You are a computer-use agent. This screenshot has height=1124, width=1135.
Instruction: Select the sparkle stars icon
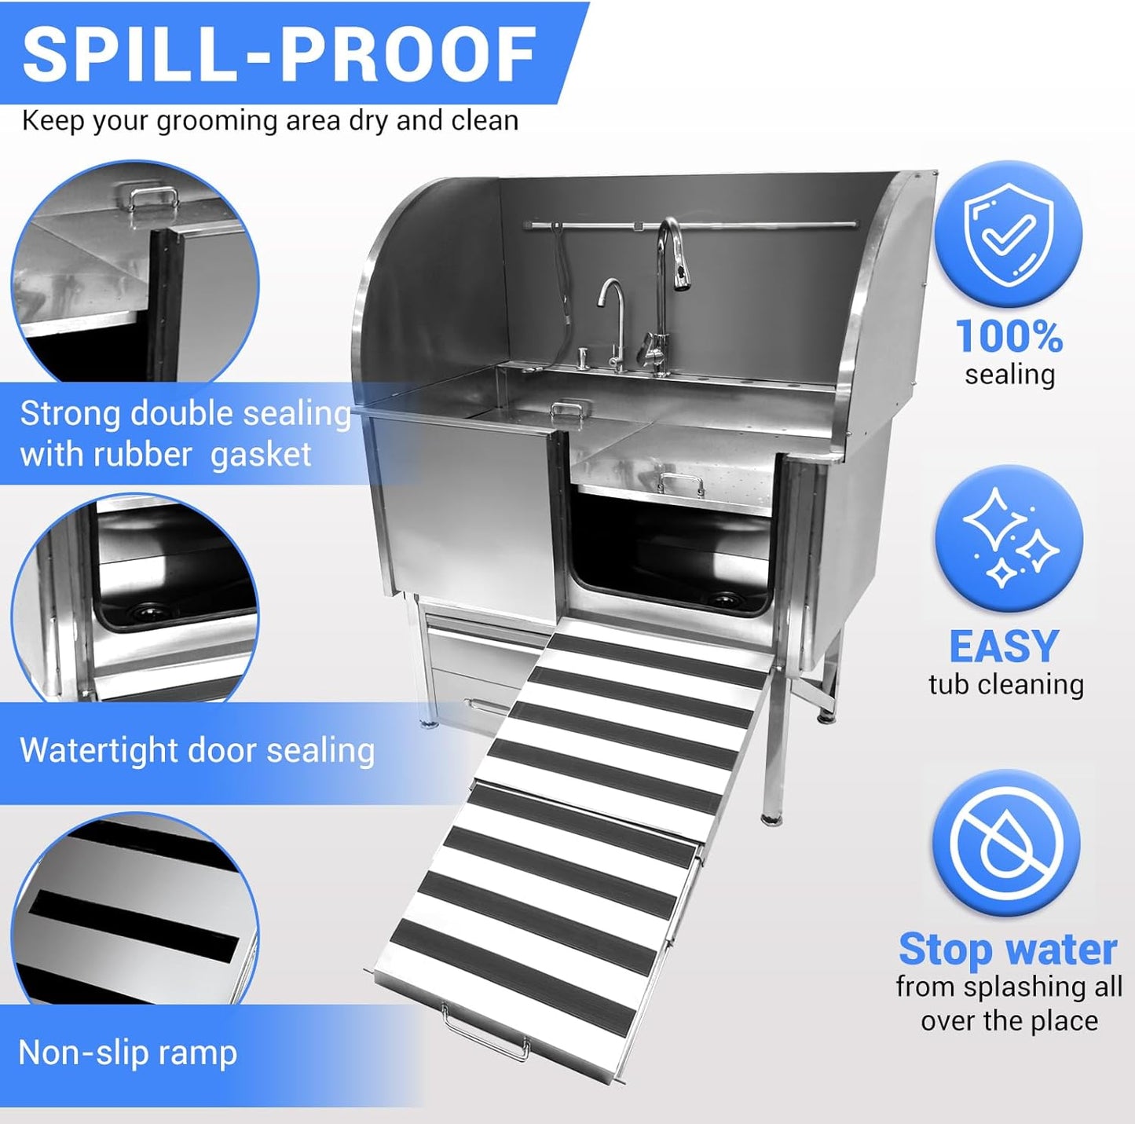coord(1009,538)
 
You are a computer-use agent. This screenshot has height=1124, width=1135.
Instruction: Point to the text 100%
coord(1009,337)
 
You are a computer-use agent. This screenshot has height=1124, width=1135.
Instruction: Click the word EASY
coord(1004,647)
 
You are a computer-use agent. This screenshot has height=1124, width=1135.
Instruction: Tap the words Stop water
coord(1008,950)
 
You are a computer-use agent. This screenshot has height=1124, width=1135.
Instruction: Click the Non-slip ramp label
coord(127,1053)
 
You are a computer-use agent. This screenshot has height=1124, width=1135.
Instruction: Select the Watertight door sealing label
coord(196,750)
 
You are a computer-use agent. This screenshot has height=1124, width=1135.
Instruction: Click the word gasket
coord(261,455)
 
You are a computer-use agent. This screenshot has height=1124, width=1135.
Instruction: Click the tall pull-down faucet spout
coord(670,251)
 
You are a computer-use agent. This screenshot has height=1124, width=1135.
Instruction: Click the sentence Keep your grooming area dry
coord(270,121)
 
